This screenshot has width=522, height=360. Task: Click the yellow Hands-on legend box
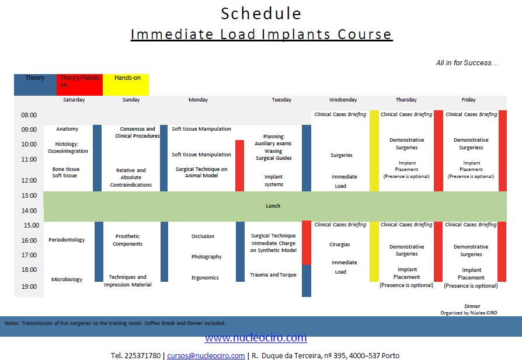tap(126, 85)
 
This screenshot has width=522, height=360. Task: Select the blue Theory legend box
tap(35, 85)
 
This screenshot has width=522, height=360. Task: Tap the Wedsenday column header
tap(343, 100)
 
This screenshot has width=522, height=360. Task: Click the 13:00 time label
tap(29, 195)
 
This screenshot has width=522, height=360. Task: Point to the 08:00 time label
tap(29, 115)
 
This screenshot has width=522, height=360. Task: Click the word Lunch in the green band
tap(273, 206)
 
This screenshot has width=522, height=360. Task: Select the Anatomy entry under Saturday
tap(67, 129)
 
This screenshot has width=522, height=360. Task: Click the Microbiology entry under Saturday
tap(67, 279)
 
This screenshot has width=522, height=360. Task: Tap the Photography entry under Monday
tap(206, 257)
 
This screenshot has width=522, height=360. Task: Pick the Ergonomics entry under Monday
tap(205, 278)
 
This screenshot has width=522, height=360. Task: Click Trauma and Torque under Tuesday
tap(273, 274)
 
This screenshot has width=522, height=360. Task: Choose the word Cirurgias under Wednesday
tap(340, 244)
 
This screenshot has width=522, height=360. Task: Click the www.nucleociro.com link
tap(256, 338)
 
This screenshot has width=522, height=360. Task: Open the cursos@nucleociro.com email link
tap(206, 355)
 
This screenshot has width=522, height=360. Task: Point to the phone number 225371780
tap(142, 355)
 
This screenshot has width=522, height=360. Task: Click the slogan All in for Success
tap(467, 63)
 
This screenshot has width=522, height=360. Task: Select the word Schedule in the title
tap(261, 13)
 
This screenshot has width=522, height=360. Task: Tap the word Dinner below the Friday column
tap(472, 306)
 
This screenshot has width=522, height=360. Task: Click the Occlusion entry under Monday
tap(203, 236)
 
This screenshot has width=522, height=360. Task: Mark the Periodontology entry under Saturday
tap(67, 240)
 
